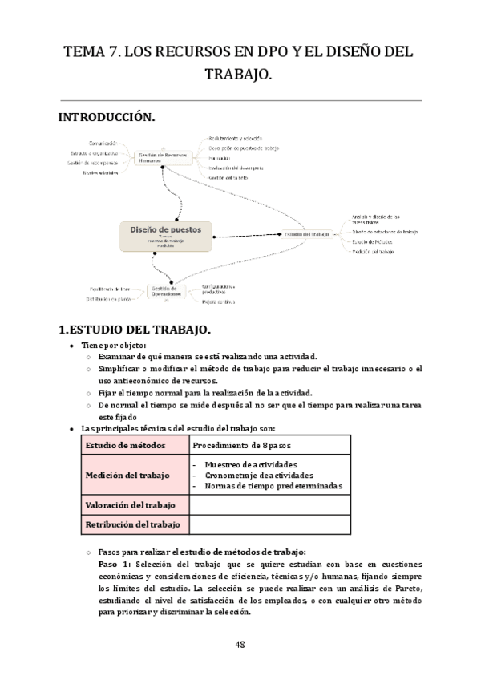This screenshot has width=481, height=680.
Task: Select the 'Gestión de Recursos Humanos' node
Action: pos(165,156)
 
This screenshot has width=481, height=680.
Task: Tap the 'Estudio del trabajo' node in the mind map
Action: pos(307,234)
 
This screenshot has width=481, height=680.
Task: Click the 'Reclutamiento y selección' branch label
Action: pos(236,139)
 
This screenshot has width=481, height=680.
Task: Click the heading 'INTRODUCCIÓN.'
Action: pos(107,117)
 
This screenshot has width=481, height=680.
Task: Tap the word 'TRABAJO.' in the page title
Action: pos(240,75)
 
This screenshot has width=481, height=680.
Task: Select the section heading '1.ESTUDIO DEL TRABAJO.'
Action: pos(135,330)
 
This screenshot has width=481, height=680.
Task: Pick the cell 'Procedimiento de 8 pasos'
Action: pos(240,445)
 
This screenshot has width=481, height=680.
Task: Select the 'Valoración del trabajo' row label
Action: pos(135,505)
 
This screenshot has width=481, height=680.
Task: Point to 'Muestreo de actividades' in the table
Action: pos(251,464)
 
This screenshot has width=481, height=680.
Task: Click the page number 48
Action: pos(240,644)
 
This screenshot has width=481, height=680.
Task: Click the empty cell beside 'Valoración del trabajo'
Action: pos(269,505)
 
